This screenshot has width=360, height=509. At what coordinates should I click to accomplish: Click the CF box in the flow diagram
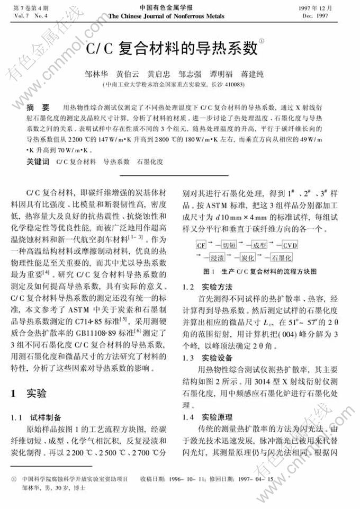[201, 246]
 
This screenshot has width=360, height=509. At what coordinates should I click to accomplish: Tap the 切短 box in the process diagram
[229, 246]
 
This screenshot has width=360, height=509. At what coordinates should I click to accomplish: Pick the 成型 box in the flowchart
[259, 246]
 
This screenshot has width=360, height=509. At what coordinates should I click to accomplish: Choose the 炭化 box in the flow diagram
[248, 258]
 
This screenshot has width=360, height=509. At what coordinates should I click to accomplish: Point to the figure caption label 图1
[208, 272]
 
